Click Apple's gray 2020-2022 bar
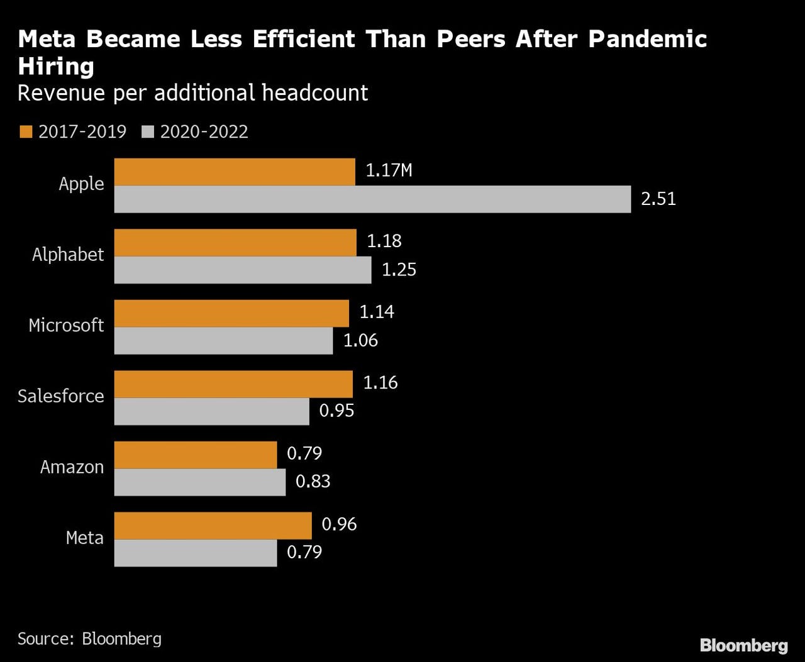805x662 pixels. pos(372,199)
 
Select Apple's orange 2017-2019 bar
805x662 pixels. pos(235,172)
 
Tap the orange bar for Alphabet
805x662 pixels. pos(235,243)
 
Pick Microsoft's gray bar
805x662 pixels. pos(223,341)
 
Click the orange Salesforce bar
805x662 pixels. pos(233,384)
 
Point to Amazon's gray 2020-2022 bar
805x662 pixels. pos(199,482)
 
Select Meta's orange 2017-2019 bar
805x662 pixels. pos(213,526)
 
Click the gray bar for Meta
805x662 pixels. pos(195,553)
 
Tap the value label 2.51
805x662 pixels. pos(658,199)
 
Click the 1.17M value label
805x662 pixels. pos(389,170)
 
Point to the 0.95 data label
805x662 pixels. pos(336,411)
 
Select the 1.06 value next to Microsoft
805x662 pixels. pos(360,340)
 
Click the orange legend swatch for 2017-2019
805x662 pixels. pos(25,132)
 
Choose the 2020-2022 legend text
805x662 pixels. pos(204,132)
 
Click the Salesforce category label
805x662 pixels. pos(60,396)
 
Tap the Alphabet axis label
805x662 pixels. pos(68,255)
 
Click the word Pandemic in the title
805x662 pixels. pos(647,39)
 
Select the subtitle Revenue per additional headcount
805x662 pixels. pos(192,93)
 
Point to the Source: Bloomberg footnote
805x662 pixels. pos(89,639)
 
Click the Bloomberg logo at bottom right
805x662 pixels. pos(743,645)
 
